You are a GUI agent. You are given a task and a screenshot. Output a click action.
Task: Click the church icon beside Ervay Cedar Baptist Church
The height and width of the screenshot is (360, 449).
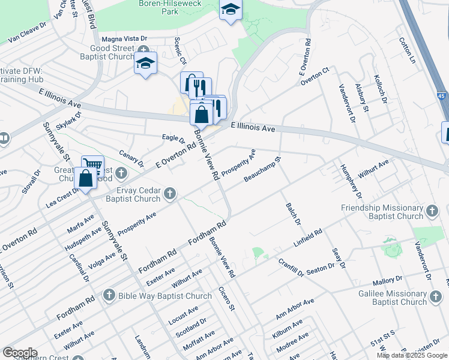click(x=170, y=193)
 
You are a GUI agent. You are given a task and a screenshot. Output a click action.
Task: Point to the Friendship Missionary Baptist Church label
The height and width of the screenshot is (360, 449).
click(x=382, y=212)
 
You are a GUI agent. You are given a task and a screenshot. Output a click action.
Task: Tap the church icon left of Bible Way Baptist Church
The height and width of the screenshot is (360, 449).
click(x=109, y=295)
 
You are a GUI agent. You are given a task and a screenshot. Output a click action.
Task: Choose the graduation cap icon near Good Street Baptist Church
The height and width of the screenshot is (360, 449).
click(x=145, y=63)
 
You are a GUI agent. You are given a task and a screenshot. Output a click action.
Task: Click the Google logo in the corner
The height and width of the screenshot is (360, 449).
click(x=19, y=353)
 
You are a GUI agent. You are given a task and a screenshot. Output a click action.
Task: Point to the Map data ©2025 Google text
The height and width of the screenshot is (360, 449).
click(x=411, y=355)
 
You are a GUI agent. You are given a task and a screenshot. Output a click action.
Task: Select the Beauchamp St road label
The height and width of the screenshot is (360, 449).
click(x=263, y=170)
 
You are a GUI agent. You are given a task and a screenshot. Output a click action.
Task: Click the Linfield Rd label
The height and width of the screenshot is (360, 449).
click(x=308, y=239)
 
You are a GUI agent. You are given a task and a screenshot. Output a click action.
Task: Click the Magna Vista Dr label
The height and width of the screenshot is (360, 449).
click(x=124, y=38)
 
